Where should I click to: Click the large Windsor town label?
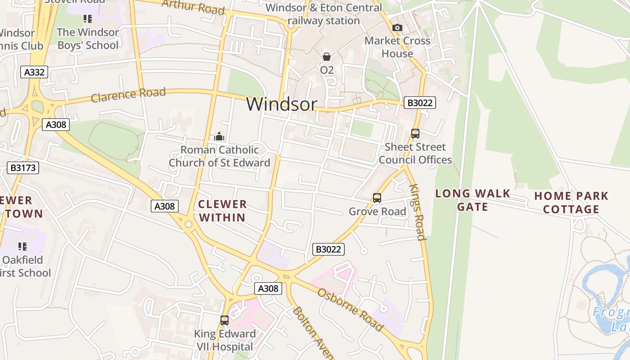pos(282,104)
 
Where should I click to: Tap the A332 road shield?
pos(34,72)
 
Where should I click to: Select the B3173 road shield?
pos(23,168)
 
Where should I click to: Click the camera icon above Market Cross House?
pos(397,28)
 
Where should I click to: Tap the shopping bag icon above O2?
pos(327,57)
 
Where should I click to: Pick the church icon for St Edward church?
pos(219,136)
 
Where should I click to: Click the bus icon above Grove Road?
pos(377,198)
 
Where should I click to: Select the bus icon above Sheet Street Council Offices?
pos(415,134)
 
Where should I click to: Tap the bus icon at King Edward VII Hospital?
pos(225,320)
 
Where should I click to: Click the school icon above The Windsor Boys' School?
pos(88,19)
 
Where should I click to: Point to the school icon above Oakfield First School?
pos(22,247)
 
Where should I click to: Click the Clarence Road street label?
pos(128,95)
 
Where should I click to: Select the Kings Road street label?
pos(417,212)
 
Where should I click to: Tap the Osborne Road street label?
pos(351,310)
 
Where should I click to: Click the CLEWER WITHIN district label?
pos(222,211)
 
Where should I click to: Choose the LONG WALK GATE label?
pos(472,200)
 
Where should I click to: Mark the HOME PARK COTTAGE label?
pos(571,202)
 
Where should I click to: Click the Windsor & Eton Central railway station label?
pos(324,14)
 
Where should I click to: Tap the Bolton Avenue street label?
pos(313,333)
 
